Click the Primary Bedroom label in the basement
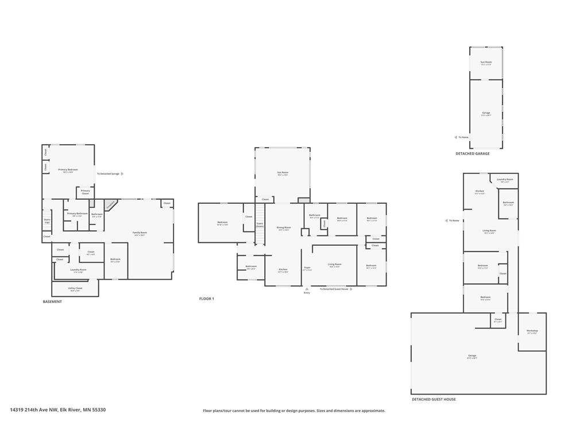[x=68, y=170]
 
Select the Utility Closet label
[x=75, y=288]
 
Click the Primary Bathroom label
[x=77, y=214]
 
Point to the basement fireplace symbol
[x=111, y=204]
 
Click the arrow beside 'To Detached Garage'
[x=122, y=173]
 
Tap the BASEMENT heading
[x=52, y=301]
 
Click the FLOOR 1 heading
[x=206, y=299]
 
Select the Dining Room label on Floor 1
[x=284, y=228]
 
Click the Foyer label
[x=307, y=268]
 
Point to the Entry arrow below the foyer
[x=307, y=289]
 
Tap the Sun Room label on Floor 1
[x=283, y=173]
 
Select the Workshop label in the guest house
[x=532, y=331]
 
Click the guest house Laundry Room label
[x=505, y=180]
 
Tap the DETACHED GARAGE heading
[x=473, y=153]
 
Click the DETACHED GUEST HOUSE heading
[x=434, y=399]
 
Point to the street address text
[x=57, y=410]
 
